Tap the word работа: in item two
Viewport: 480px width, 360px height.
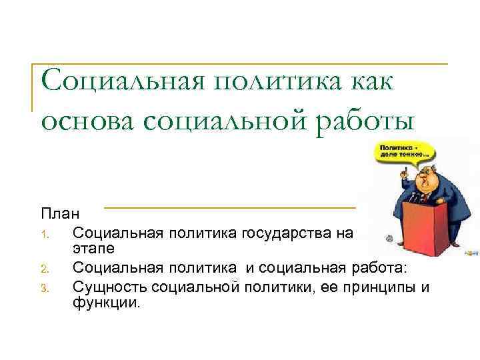pyautogui.click(x=388, y=268)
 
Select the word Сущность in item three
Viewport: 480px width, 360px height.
pyautogui.click(x=110, y=287)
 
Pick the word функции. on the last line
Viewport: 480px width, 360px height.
pyautogui.click(x=107, y=303)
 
